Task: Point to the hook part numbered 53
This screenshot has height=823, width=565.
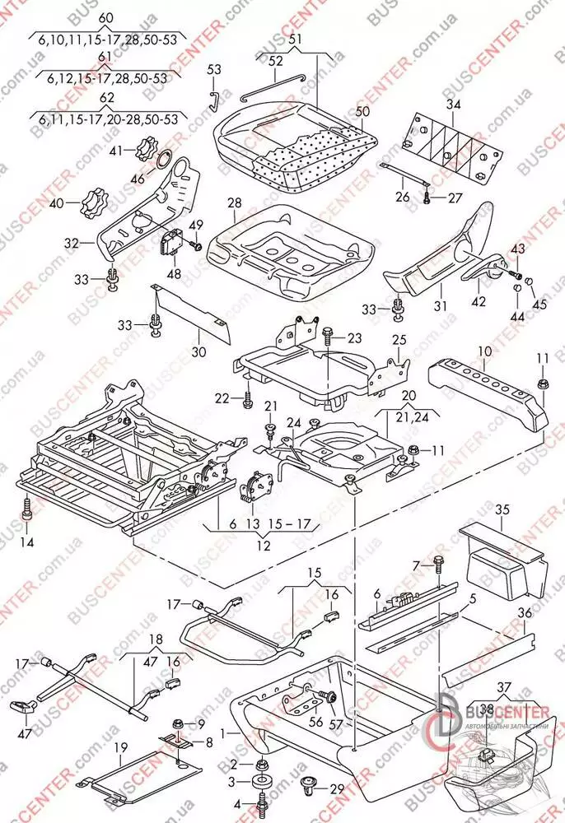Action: click(212, 100)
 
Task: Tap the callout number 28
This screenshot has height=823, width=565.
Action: click(234, 202)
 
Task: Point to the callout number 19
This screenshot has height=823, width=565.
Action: click(121, 747)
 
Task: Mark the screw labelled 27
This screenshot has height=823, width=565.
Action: click(426, 198)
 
